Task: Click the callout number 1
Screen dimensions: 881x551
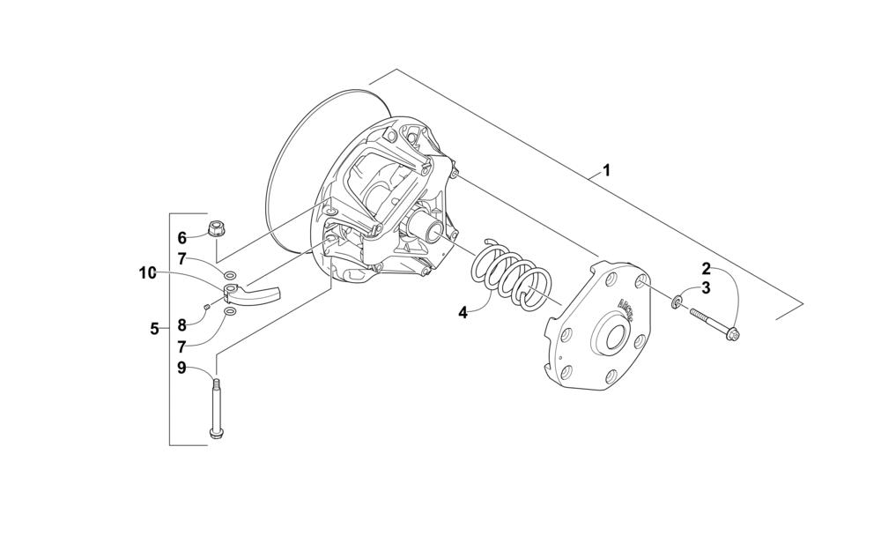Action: (x=606, y=170)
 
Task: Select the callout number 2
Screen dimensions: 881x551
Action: (x=706, y=267)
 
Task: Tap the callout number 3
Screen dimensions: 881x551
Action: (x=706, y=288)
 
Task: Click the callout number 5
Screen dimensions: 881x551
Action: (x=154, y=329)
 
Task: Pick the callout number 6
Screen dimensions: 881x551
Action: (x=182, y=237)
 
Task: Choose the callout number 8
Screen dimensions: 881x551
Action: (x=182, y=325)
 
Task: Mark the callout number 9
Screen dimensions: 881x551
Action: (x=182, y=369)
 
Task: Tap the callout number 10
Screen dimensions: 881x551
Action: (x=146, y=273)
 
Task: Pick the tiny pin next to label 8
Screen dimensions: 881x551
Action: (x=205, y=306)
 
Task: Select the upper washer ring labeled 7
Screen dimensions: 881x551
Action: (x=229, y=273)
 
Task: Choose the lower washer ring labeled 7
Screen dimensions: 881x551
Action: (x=229, y=311)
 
